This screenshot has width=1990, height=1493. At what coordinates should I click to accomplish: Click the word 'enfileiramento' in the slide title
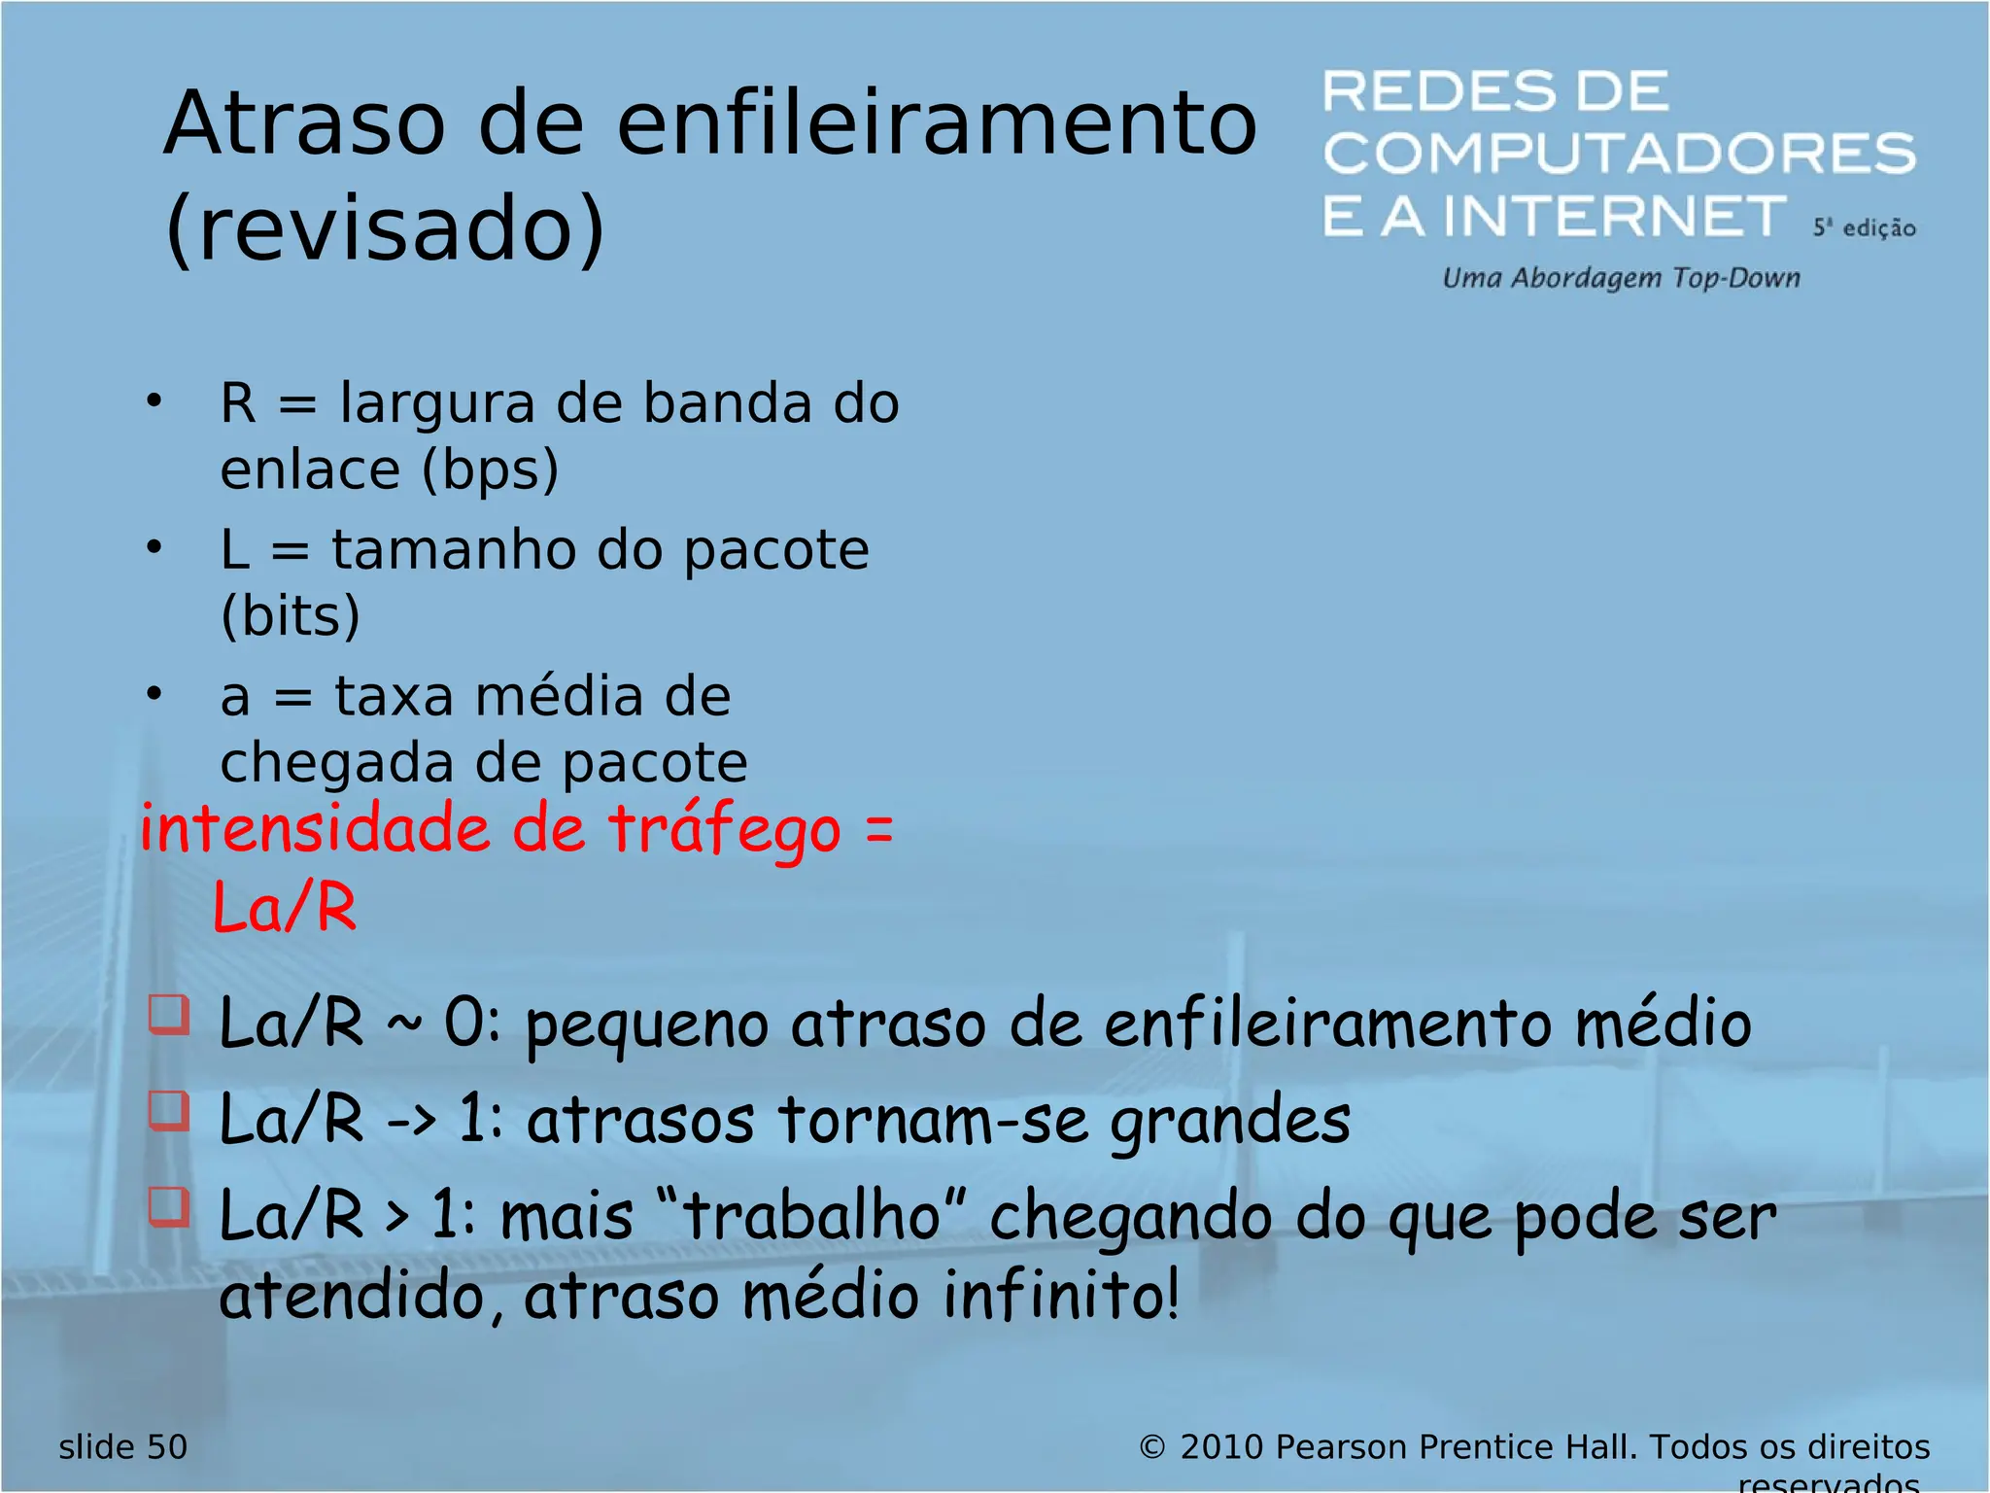pos(937,123)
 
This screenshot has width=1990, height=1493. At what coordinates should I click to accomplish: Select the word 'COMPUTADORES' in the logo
pos(1619,154)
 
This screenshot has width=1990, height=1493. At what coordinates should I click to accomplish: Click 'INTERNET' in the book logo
pos(1615,216)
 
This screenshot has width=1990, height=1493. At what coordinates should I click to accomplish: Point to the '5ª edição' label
pos(1864,228)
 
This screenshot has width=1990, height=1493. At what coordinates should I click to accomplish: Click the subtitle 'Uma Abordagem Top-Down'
pos(1621,278)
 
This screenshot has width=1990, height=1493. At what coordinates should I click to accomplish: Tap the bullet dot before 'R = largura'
pos(154,400)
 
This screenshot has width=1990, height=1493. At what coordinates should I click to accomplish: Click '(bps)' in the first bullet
pos(490,470)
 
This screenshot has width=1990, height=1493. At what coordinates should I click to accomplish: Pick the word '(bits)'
pos(291,616)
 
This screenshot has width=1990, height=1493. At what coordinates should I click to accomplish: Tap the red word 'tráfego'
pos(725,832)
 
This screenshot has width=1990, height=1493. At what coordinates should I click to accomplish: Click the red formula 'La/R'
pos(285,908)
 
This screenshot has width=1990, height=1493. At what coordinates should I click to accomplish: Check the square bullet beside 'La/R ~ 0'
pos(169,1014)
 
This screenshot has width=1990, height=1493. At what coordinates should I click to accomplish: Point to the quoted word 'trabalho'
pos(812,1217)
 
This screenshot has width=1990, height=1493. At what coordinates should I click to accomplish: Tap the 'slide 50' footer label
pos(122,1447)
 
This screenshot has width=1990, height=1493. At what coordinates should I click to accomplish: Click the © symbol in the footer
pos(1151,1447)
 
